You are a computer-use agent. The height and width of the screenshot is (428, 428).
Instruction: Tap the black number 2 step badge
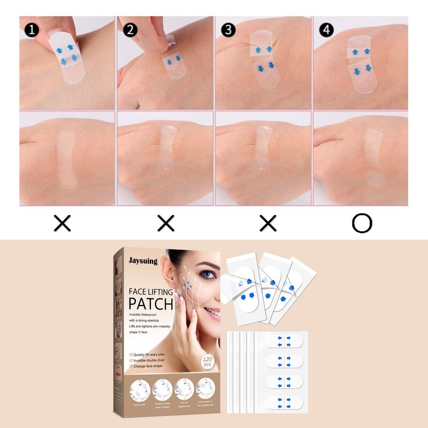[x=130, y=29]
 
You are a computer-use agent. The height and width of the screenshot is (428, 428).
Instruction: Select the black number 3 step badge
[x=228, y=29]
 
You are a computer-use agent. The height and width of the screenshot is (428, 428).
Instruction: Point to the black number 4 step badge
[x=326, y=29]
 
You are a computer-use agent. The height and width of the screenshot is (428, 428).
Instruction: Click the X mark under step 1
[x=63, y=223]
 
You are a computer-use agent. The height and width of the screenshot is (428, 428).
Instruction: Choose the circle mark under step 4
[x=362, y=223]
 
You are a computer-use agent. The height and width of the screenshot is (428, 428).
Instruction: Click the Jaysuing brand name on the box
[x=142, y=261]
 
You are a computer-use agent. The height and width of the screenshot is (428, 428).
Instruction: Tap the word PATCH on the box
[x=150, y=304]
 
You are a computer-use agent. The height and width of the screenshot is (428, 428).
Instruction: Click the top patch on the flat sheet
[x=284, y=341]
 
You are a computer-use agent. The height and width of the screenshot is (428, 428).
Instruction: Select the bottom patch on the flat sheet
[x=284, y=401]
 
